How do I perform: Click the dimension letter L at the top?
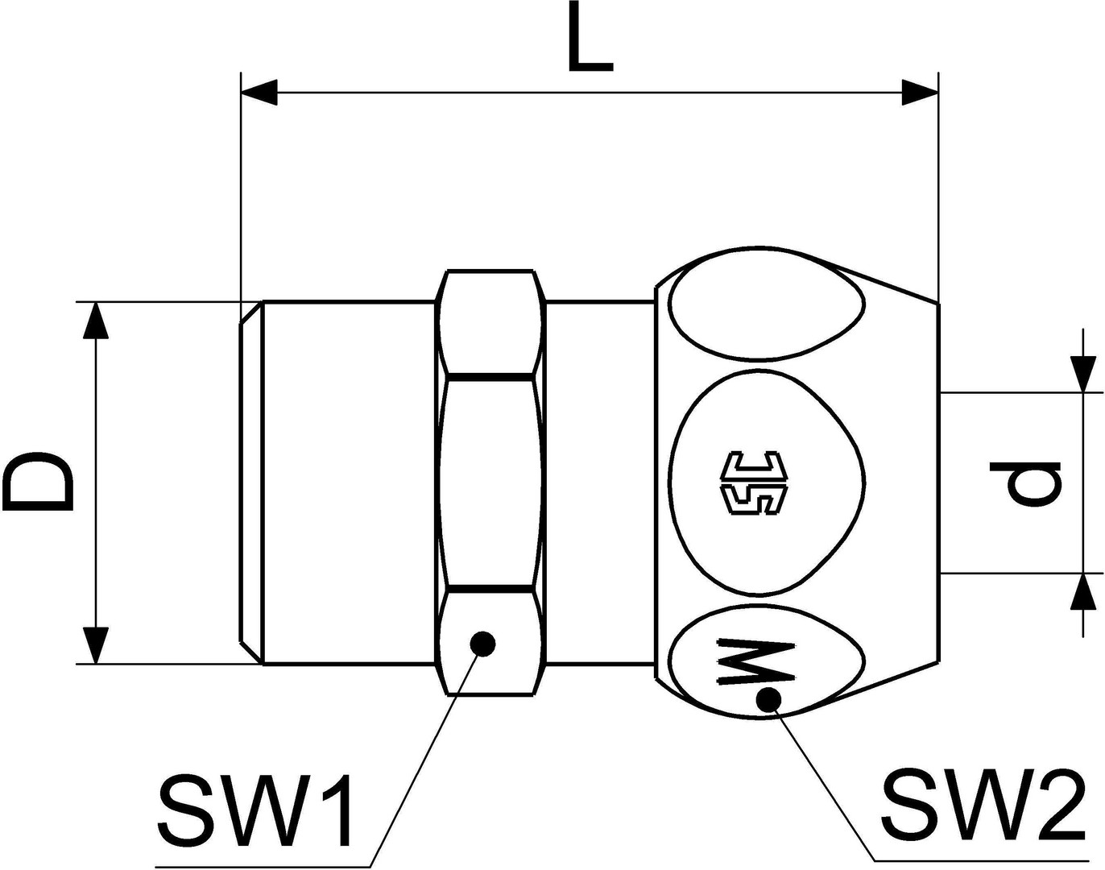pos(590,36)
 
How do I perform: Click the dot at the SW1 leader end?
pos(482,643)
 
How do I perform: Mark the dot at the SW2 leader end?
pos(768,699)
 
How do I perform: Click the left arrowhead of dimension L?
pos(259,93)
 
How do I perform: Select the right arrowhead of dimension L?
pos(920,93)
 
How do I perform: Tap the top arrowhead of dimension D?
pos(96,321)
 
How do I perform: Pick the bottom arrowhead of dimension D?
pos(96,645)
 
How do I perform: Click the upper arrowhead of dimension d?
pos(1083,375)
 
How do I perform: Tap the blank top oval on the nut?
pos(768,313)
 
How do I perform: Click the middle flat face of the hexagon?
pos(490,483)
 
